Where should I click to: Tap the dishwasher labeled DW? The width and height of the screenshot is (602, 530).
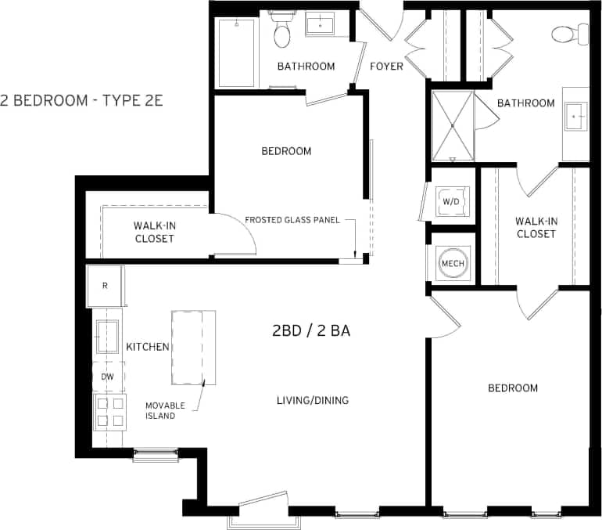click(x=108, y=377)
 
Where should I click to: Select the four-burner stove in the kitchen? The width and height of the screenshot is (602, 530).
click(x=109, y=411)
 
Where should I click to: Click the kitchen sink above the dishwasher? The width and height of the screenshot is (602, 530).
click(x=107, y=337)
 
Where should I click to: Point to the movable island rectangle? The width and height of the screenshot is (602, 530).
click(x=193, y=347)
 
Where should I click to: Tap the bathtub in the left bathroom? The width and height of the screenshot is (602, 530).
click(x=236, y=52)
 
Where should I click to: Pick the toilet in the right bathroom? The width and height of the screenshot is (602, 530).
click(x=568, y=34)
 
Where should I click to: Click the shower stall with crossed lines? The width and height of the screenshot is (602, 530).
click(x=453, y=126)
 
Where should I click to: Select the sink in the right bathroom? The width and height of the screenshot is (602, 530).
click(x=577, y=117)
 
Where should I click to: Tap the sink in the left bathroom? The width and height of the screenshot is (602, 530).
click(x=321, y=25)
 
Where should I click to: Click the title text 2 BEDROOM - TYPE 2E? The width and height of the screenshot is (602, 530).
click(x=81, y=101)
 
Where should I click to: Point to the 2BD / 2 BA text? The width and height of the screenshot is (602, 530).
click(x=310, y=330)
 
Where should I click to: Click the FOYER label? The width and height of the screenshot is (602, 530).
click(x=386, y=66)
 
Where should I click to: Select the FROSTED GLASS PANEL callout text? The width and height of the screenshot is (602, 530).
click(x=292, y=220)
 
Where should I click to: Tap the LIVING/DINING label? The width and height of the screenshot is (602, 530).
click(x=312, y=400)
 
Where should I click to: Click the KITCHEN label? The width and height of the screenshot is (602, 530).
click(x=148, y=346)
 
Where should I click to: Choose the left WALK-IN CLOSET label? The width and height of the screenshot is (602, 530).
click(x=154, y=232)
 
